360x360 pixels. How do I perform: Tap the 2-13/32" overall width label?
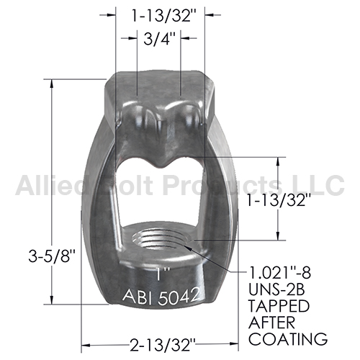[x=163, y=345]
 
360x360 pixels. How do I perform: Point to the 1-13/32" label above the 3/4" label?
[x=164, y=16]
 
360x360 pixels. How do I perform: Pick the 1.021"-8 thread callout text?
[x=279, y=273]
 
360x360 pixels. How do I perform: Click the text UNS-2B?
[x=276, y=289]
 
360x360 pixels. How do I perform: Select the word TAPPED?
[x=279, y=306]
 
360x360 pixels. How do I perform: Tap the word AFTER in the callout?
[x=272, y=323]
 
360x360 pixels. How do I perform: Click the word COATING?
[x=288, y=339]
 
